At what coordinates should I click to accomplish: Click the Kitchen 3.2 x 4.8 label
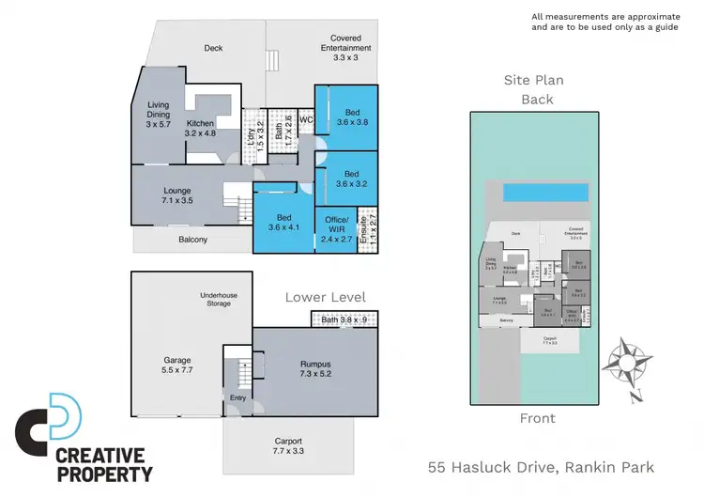[202, 128]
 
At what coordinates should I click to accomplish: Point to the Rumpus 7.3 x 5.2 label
[316, 362]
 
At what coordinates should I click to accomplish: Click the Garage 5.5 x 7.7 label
[177, 366]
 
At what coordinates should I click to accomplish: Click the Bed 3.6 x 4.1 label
[283, 223]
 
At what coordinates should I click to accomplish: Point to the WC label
[305, 119]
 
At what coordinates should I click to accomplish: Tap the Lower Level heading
[326, 298]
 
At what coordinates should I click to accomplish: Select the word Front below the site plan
[538, 418]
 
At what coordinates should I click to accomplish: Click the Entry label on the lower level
[237, 397]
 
